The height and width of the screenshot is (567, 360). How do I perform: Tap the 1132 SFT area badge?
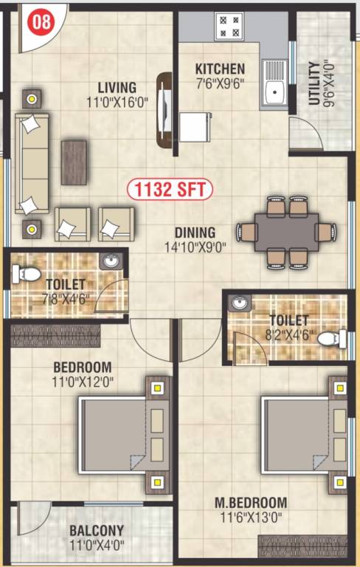click(x=170, y=189)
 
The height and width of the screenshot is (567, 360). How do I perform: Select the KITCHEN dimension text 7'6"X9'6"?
click(x=220, y=85)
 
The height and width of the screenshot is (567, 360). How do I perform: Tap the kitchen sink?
click(x=277, y=91)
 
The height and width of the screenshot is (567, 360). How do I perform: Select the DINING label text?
click(x=195, y=232)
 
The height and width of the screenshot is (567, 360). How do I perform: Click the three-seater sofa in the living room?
click(x=32, y=164)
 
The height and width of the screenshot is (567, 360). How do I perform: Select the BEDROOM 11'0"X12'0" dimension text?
click(x=82, y=382)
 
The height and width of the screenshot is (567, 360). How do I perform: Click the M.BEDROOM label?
click(x=251, y=503)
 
